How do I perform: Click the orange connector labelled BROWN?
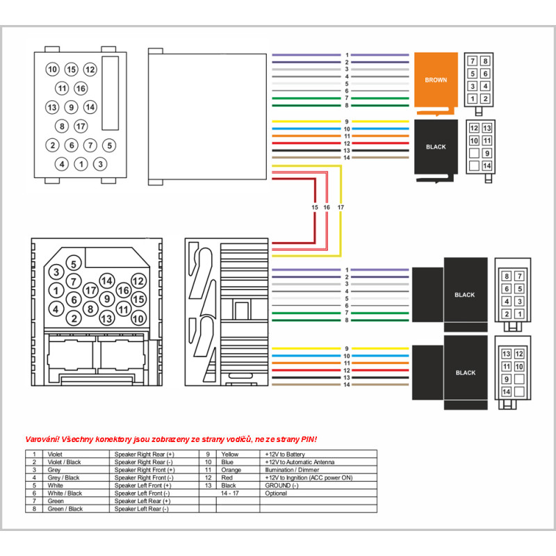click(436, 80)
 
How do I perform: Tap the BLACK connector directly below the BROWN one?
click(436, 147)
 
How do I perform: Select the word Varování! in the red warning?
click(42, 439)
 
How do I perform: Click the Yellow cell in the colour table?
click(229, 454)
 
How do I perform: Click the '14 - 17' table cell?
click(229, 493)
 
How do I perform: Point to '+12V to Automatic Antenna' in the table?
click(300, 461)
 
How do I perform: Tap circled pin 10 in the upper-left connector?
click(52, 69)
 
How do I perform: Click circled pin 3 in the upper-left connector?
click(101, 164)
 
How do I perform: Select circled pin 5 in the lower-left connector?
click(74, 263)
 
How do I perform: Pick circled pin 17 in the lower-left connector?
click(90, 289)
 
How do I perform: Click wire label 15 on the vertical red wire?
click(315, 208)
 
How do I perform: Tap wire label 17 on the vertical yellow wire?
click(340, 208)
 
